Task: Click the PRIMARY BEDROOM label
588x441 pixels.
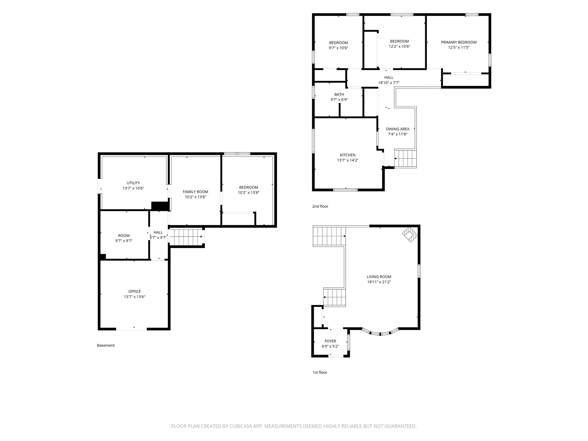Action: click(x=459, y=42)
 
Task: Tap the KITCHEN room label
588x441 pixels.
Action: click(x=348, y=155)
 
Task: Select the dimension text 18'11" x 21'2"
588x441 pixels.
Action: click(x=379, y=282)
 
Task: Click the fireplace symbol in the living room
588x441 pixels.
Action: click(x=410, y=235)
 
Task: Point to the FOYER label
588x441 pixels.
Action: click(x=330, y=341)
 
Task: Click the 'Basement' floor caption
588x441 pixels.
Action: click(x=106, y=345)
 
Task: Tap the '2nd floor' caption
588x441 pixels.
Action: click(x=320, y=206)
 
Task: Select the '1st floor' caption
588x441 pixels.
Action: click(x=320, y=372)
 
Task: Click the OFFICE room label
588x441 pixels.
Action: click(x=135, y=291)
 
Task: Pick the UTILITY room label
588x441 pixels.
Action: click(x=134, y=183)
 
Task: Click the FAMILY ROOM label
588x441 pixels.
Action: click(x=196, y=192)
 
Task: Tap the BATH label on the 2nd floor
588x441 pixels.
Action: click(x=339, y=94)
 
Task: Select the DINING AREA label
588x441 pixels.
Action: click(x=398, y=129)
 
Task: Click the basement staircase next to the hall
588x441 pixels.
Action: click(x=186, y=237)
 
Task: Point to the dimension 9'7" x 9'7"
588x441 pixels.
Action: click(x=124, y=241)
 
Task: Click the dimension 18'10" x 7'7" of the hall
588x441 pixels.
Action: click(x=389, y=83)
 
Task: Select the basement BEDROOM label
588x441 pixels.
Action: click(x=249, y=187)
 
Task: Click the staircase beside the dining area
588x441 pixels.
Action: click(x=405, y=158)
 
